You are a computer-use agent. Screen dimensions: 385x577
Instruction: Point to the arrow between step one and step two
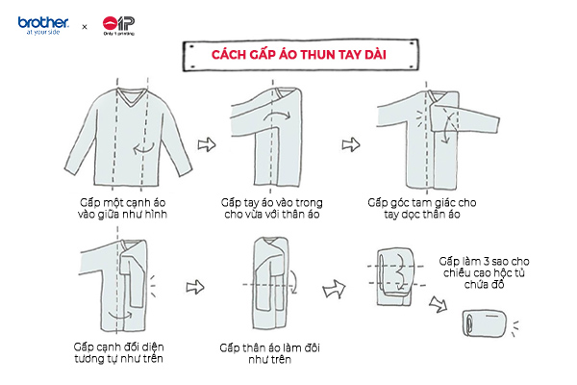[x=204, y=144]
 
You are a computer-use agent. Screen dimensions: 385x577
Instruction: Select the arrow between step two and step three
[x=349, y=144]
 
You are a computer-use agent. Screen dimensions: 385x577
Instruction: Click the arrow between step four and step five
[x=195, y=285]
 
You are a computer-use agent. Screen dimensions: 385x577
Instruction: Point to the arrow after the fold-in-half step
[x=335, y=286]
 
